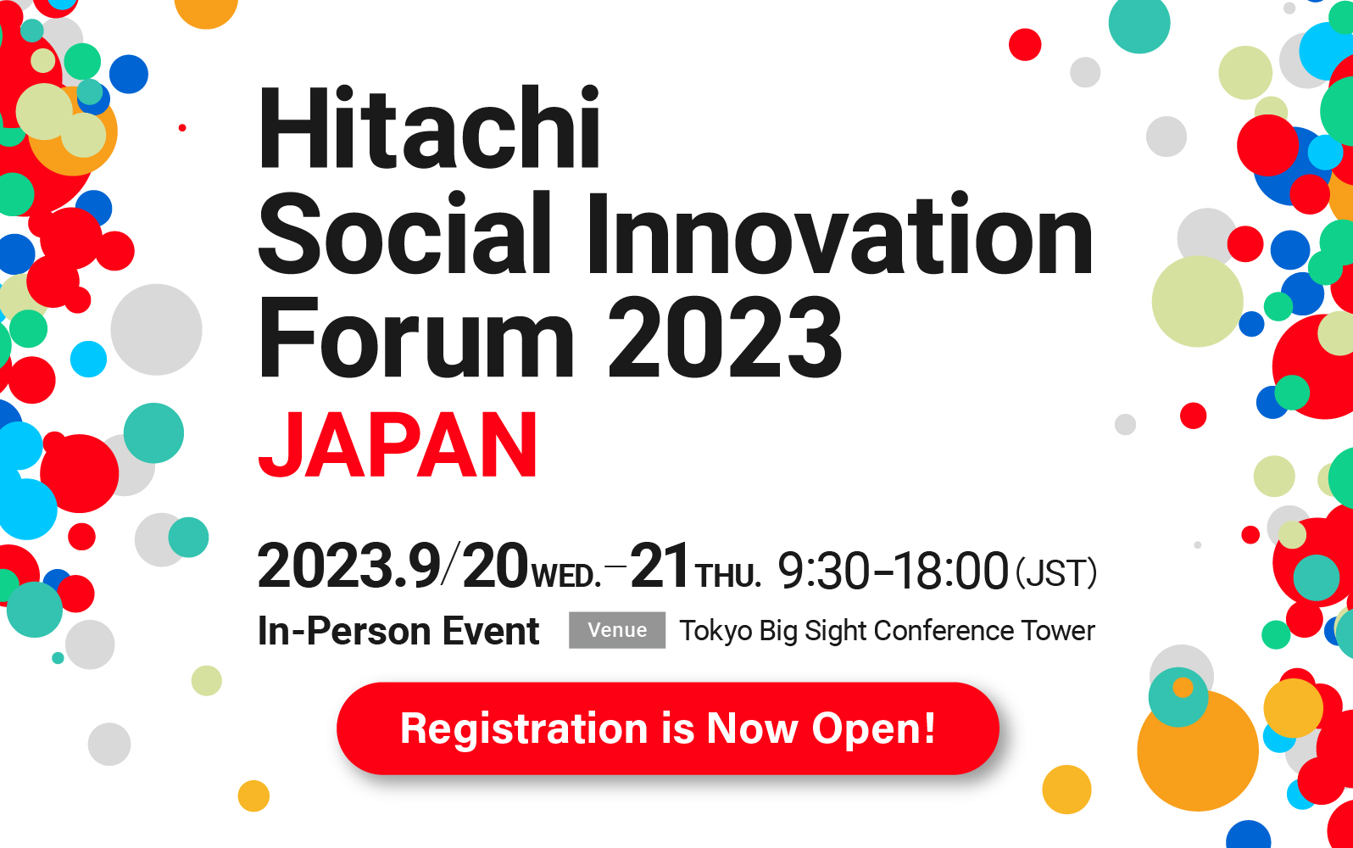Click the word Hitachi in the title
tap(430, 127)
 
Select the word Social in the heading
tap(404, 233)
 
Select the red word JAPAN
tap(398, 444)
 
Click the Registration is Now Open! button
tap(667, 728)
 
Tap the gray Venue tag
tap(616, 630)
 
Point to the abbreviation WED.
tap(566, 576)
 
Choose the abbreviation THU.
tap(727, 576)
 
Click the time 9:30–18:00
tap(893, 570)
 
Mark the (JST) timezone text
tap(1055, 572)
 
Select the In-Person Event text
tap(398, 631)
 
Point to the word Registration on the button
tap(524, 729)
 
